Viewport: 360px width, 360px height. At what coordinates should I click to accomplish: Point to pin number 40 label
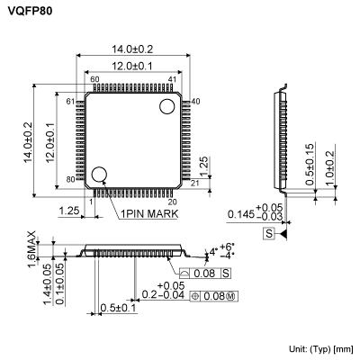(195, 100)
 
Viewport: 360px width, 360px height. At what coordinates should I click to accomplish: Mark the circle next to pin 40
(167, 107)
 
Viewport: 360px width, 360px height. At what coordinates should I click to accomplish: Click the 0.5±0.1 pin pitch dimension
(118, 308)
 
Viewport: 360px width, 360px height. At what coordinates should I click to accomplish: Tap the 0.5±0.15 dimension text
(310, 165)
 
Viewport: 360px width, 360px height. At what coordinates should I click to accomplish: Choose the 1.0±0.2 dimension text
(331, 168)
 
